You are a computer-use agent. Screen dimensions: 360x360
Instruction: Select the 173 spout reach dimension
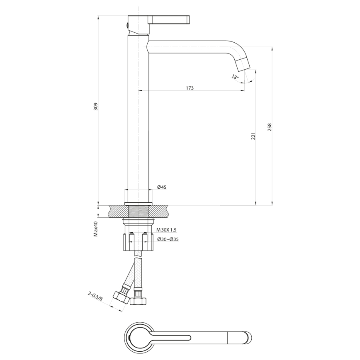point(190,88)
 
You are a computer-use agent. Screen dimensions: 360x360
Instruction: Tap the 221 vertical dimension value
point(253,136)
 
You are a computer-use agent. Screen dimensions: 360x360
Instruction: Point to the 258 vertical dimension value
point(270,127)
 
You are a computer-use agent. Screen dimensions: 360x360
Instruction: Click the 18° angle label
point(236,77)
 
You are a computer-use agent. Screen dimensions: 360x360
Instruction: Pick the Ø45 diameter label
point(162,187)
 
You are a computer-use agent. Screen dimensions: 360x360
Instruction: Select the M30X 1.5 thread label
point(167,230)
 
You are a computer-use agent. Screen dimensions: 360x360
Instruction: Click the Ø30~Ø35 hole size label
point(168,239)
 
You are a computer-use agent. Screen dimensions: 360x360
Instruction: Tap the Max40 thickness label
point(95,229)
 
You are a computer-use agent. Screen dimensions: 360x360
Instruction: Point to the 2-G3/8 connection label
point(95,296)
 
